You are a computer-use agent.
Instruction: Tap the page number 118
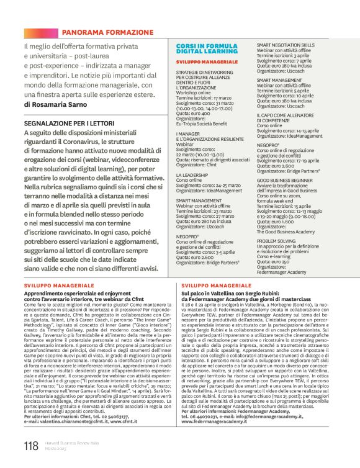(31, 446)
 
